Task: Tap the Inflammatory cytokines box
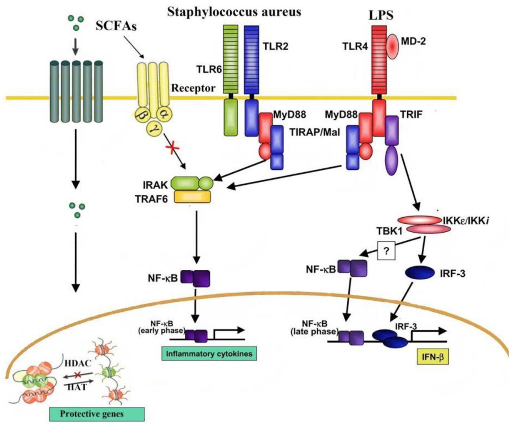[209, 354]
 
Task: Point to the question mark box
[386, 251]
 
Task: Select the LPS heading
[381, 15]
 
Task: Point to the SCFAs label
[116, 26]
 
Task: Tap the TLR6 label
[209, 69]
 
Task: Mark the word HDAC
[78, 363]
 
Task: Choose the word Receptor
[193, 88]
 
